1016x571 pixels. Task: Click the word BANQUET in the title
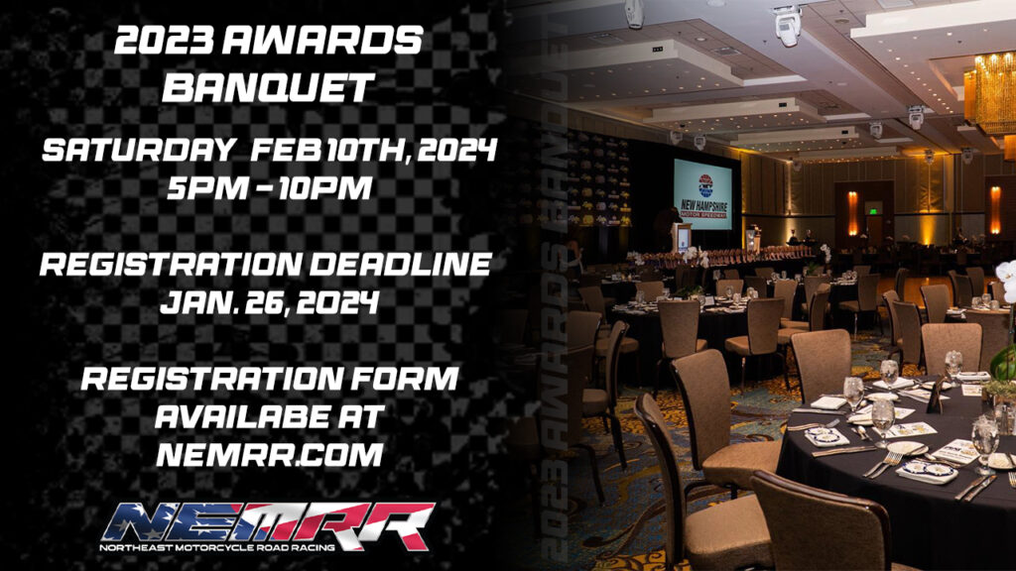coord(268,87)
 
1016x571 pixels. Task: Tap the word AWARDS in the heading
coord(322,42)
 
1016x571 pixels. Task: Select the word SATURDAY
coord(139,150)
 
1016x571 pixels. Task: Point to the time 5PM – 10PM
coord(270,187)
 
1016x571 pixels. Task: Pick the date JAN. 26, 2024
coord(270,301)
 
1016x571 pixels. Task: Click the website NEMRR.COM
coord(270,454)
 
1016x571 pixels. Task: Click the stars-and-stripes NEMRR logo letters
coord(268,523)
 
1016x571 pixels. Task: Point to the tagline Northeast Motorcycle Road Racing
coord(217,547)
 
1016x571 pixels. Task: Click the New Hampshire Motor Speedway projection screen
coord(702,194)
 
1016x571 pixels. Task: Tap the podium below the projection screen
coord(683,238)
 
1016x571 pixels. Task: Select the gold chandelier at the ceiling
coord(990,94)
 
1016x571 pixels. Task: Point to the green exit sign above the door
coord(874,210)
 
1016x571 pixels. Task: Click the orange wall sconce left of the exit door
coord(852,214)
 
